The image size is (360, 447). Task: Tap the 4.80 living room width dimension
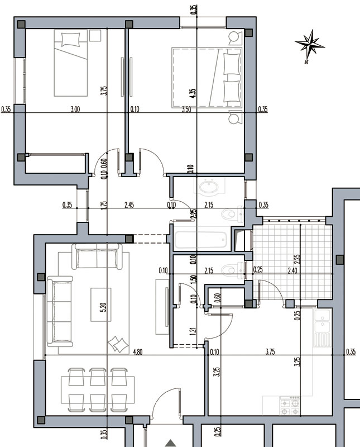137,352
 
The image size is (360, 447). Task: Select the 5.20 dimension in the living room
103,307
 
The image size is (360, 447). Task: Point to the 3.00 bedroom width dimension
75,110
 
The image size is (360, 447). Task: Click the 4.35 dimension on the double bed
193,93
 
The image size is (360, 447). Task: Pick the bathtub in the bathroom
201,240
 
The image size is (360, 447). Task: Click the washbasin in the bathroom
209,187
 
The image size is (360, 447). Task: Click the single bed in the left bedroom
70,63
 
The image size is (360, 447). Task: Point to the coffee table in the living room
101,305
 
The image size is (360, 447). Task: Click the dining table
98,389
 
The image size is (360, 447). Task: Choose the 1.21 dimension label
193,331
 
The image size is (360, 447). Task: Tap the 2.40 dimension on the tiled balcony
292,270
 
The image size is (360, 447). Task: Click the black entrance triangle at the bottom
171,443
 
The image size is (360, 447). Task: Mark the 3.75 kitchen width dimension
270,352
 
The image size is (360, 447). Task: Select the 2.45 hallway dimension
129,205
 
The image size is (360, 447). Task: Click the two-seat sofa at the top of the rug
97,256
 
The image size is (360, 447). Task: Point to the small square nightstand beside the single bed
95,35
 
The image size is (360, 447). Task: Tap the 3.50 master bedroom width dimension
186,110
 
